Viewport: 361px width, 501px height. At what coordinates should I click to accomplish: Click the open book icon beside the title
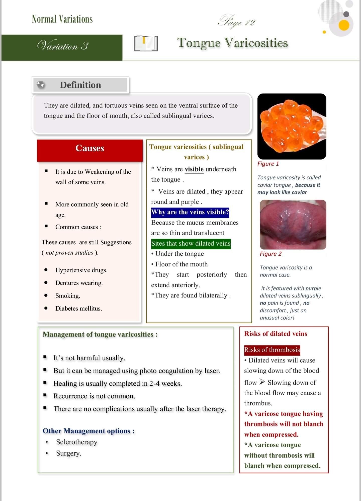click(146, 44)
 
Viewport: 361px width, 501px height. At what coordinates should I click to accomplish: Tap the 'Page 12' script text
click(237, 21)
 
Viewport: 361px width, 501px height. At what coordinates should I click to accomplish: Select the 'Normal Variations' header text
click(62, 19)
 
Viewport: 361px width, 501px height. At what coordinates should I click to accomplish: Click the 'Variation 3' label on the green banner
click(63, 46)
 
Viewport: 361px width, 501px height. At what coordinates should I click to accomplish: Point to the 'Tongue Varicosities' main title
click(232, 43)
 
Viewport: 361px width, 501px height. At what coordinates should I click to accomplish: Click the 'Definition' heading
click(80, 85)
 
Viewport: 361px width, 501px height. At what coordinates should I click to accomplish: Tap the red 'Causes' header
click(90, 148)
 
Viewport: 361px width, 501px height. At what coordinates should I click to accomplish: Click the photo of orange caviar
click(292, 126)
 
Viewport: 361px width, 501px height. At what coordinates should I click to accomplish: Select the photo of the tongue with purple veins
click(293, 225)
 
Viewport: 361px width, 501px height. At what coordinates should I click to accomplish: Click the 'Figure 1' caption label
click(268, 164)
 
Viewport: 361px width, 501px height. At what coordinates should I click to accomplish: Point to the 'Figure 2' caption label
click(270, 254)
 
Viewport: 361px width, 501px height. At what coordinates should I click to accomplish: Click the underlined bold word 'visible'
click(194, 169)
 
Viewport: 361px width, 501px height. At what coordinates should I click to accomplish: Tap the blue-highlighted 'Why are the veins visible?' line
click(190, 212)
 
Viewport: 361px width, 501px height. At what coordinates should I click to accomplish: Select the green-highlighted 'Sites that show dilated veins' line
click(191, 243)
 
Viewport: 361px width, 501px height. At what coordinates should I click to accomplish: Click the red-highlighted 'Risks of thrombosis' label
click(272, 349)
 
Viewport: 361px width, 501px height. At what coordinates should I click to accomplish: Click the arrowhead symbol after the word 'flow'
click(262, 382)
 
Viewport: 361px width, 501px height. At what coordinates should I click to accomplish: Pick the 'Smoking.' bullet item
click(68, 296)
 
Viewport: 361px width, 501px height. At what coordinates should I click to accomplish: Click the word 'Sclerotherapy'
click(77, 442)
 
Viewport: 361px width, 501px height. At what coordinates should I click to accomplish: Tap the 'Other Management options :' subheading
click(88, 431)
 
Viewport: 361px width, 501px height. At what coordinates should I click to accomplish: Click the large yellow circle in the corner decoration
click(344, 26)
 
